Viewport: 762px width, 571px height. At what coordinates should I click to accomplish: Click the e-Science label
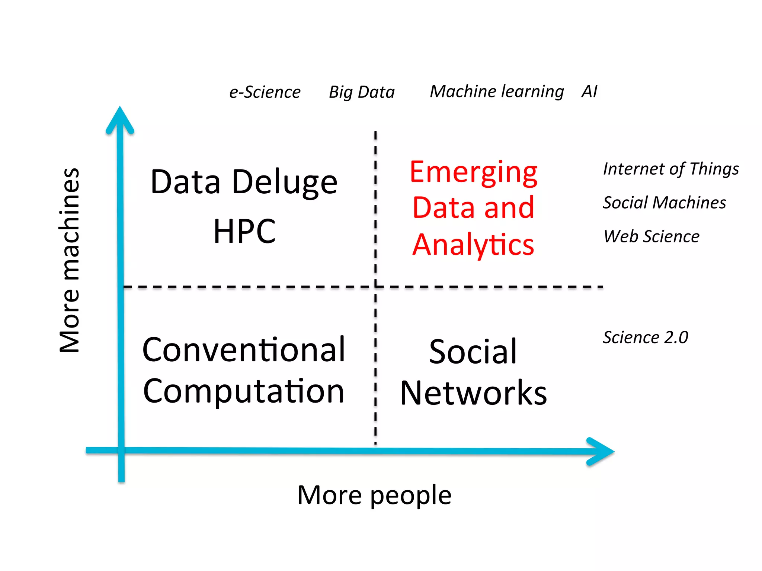pos(265,92)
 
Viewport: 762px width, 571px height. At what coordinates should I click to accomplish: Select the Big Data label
pos(362,92)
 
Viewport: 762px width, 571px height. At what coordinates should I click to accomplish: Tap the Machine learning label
pos(497,91)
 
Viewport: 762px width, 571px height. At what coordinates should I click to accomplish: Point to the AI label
pos(589,91)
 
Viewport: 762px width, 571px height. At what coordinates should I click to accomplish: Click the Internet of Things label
pos(671,169)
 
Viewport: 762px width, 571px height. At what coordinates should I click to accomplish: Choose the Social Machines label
pos(665,203)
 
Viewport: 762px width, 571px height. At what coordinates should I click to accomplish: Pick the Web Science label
pos(651,236)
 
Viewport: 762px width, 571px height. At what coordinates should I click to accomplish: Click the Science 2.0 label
pos(646,338)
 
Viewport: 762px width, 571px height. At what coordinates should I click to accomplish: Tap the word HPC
pos(244,231)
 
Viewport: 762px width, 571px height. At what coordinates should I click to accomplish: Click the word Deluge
pos(285,182)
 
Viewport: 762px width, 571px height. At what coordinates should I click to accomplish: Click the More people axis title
pos(374,495)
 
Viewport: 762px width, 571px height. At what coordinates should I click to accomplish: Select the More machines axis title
pos(70,260)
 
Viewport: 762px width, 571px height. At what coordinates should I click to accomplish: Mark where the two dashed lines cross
pos(375,287)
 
